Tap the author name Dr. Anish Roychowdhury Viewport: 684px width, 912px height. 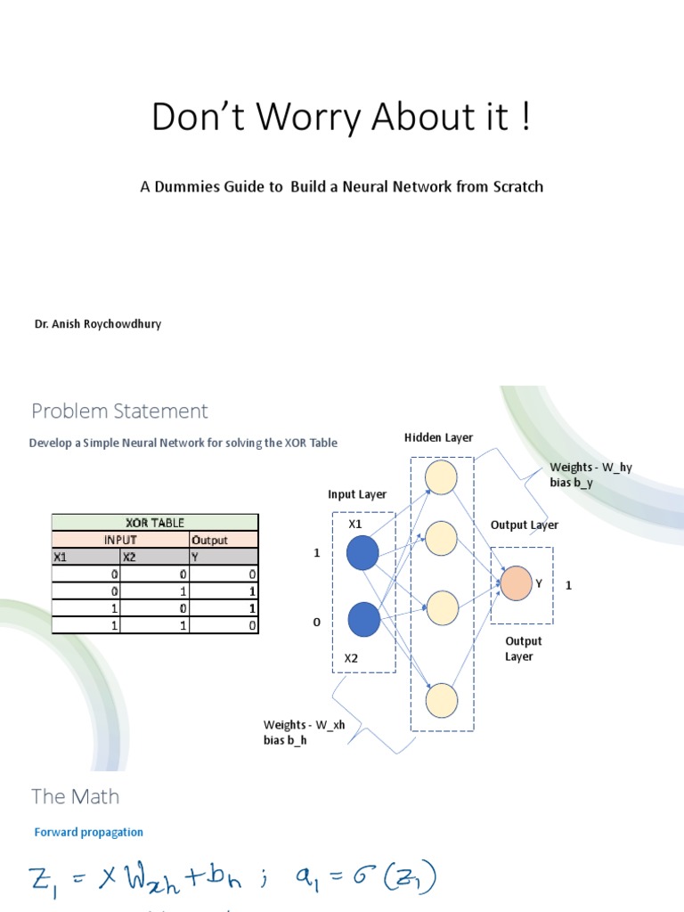98,324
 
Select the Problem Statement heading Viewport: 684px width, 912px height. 119,411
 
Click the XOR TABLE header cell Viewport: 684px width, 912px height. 155,523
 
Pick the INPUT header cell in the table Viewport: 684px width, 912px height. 121,540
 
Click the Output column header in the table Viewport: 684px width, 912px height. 210,540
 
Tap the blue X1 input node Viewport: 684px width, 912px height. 363,552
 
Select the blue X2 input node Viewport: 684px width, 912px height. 363,620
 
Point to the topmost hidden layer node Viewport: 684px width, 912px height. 441,477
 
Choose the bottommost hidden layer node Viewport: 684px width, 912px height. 441,701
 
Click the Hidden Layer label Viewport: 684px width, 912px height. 438,437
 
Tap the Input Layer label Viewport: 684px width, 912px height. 357,494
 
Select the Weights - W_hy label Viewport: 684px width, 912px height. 590,467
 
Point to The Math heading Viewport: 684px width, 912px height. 75,796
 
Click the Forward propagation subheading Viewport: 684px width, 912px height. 88,832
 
